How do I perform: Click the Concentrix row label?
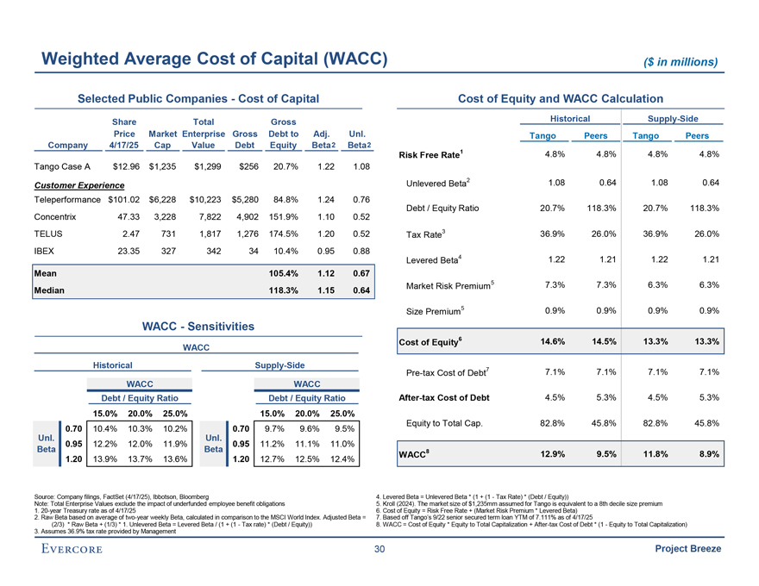click(x=58, y=217)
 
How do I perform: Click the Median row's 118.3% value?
click(x=284, y=290)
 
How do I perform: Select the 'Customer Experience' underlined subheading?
click(x=75, y=184)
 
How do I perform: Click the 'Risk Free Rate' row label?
click(x=427, y=155)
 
